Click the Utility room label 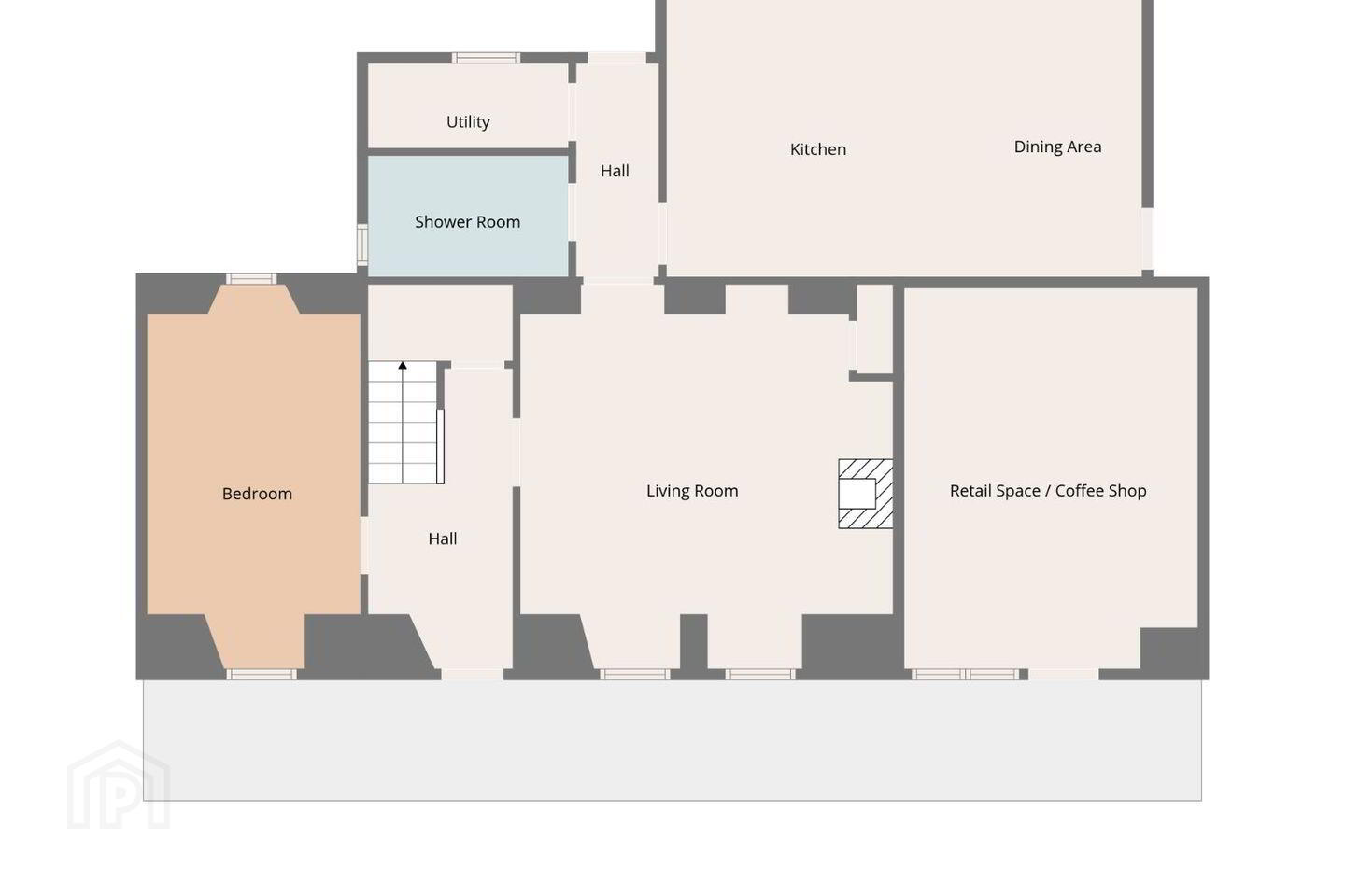pos(468,122)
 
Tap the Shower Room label pos(467,222)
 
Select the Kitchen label pos(818,149)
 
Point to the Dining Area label pos(1057,147)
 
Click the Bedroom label pos(257,494)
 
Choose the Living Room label pos(692,491)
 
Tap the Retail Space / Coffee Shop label pos(1048,491)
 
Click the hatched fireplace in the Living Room pos(865,494)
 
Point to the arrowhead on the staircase pos(403,365)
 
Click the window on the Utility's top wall pos(486,58)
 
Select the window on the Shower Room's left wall pos(362,245)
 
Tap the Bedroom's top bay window pos(251,279)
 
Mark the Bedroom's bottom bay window pos(262,675)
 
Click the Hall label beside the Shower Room pos(615,171)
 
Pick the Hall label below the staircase pos(443,539)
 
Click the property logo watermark pos(119,785)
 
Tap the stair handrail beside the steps pos(440,446)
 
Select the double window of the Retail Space pos(965,675)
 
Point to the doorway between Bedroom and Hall pos(364,545)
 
